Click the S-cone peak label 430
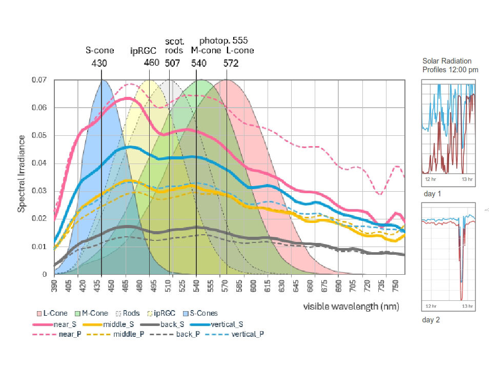pos(99,64)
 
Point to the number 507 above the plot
pos(173,64)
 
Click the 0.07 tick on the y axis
pos(39,80)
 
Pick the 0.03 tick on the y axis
pos(39,191)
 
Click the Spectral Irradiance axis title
pos(22,174)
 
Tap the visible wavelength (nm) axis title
pos(351,307)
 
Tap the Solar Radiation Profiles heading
pos(450,65)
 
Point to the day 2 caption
pos(431,320)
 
